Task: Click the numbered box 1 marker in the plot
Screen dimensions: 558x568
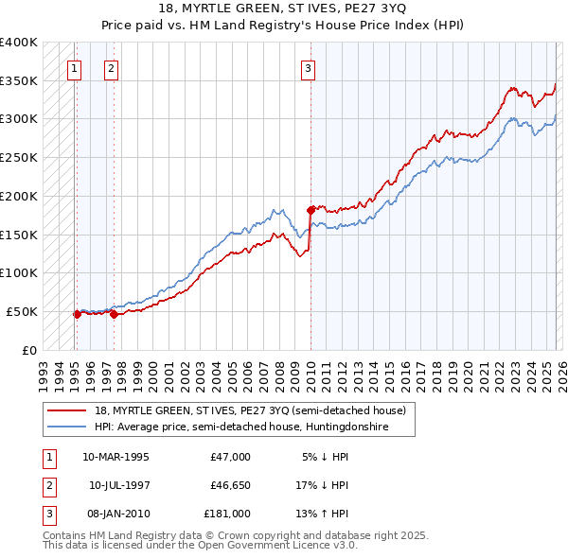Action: click(x=74, y=67)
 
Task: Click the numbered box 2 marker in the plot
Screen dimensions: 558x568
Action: click(x=111, y=67)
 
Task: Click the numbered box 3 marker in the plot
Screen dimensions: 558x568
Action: click(x=308, y=67)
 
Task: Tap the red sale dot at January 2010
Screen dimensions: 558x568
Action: click(x=311, y=209)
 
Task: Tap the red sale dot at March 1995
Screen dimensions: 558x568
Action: click(x=77, y=314)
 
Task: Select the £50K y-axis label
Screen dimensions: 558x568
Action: click(x=22, y=311)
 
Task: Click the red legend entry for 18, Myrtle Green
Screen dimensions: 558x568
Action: click(x=250, y=410)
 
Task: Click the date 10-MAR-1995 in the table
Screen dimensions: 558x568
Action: click(x=115, y=457)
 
